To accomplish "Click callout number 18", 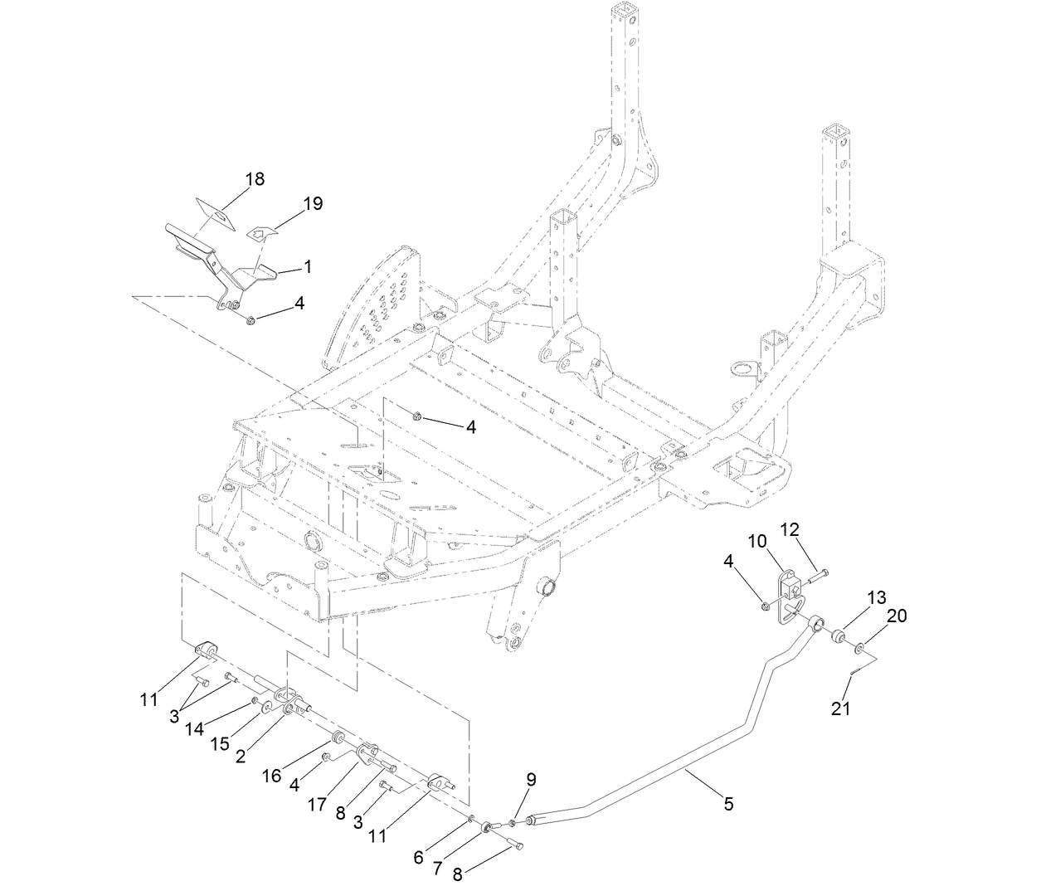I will pyautogui.click(x=255, y=179).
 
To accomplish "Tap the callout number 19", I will pyautogui.click(x=313, y=203).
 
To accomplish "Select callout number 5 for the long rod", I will pyautogui.click(x=728, y=803).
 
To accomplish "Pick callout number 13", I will pyautogui.click(x=877, y=597).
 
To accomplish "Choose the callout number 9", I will pyautogui.click(x=531, y=779).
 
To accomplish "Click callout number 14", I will pyautogui.click(x=195, y=728).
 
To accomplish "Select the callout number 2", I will pyautogui.click(x=240, y=756).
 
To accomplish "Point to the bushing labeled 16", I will pyautogui.click(x=338, y=738).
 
